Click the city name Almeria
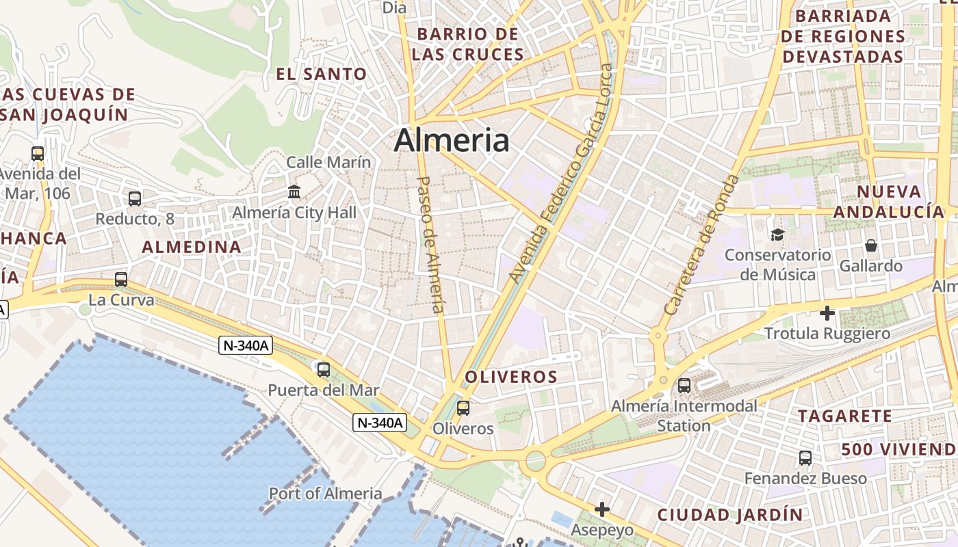click(x=452, y=140)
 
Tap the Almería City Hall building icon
click(x=294, y=192)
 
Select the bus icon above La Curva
click(x=121, y=280)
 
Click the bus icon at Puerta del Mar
click(x=324, y=370)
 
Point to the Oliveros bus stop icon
click(x=463, y=408)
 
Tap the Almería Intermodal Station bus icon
click(x=684, y=386)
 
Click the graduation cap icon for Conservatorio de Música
click(x=777, y=235)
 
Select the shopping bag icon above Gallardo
click(x=871, y=245)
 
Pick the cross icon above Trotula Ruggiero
click(x=827, y=313)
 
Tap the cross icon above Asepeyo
click(x=602, y=509)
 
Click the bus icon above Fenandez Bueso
click(x=805, y=458)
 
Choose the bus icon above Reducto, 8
click(x=135, y=199)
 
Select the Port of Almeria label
click(x=325, y=494)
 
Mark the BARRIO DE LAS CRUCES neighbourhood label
click(x=468, y=44)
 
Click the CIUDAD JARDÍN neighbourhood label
click(x=729, y=514)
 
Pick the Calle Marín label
click(x=328, y=162)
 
